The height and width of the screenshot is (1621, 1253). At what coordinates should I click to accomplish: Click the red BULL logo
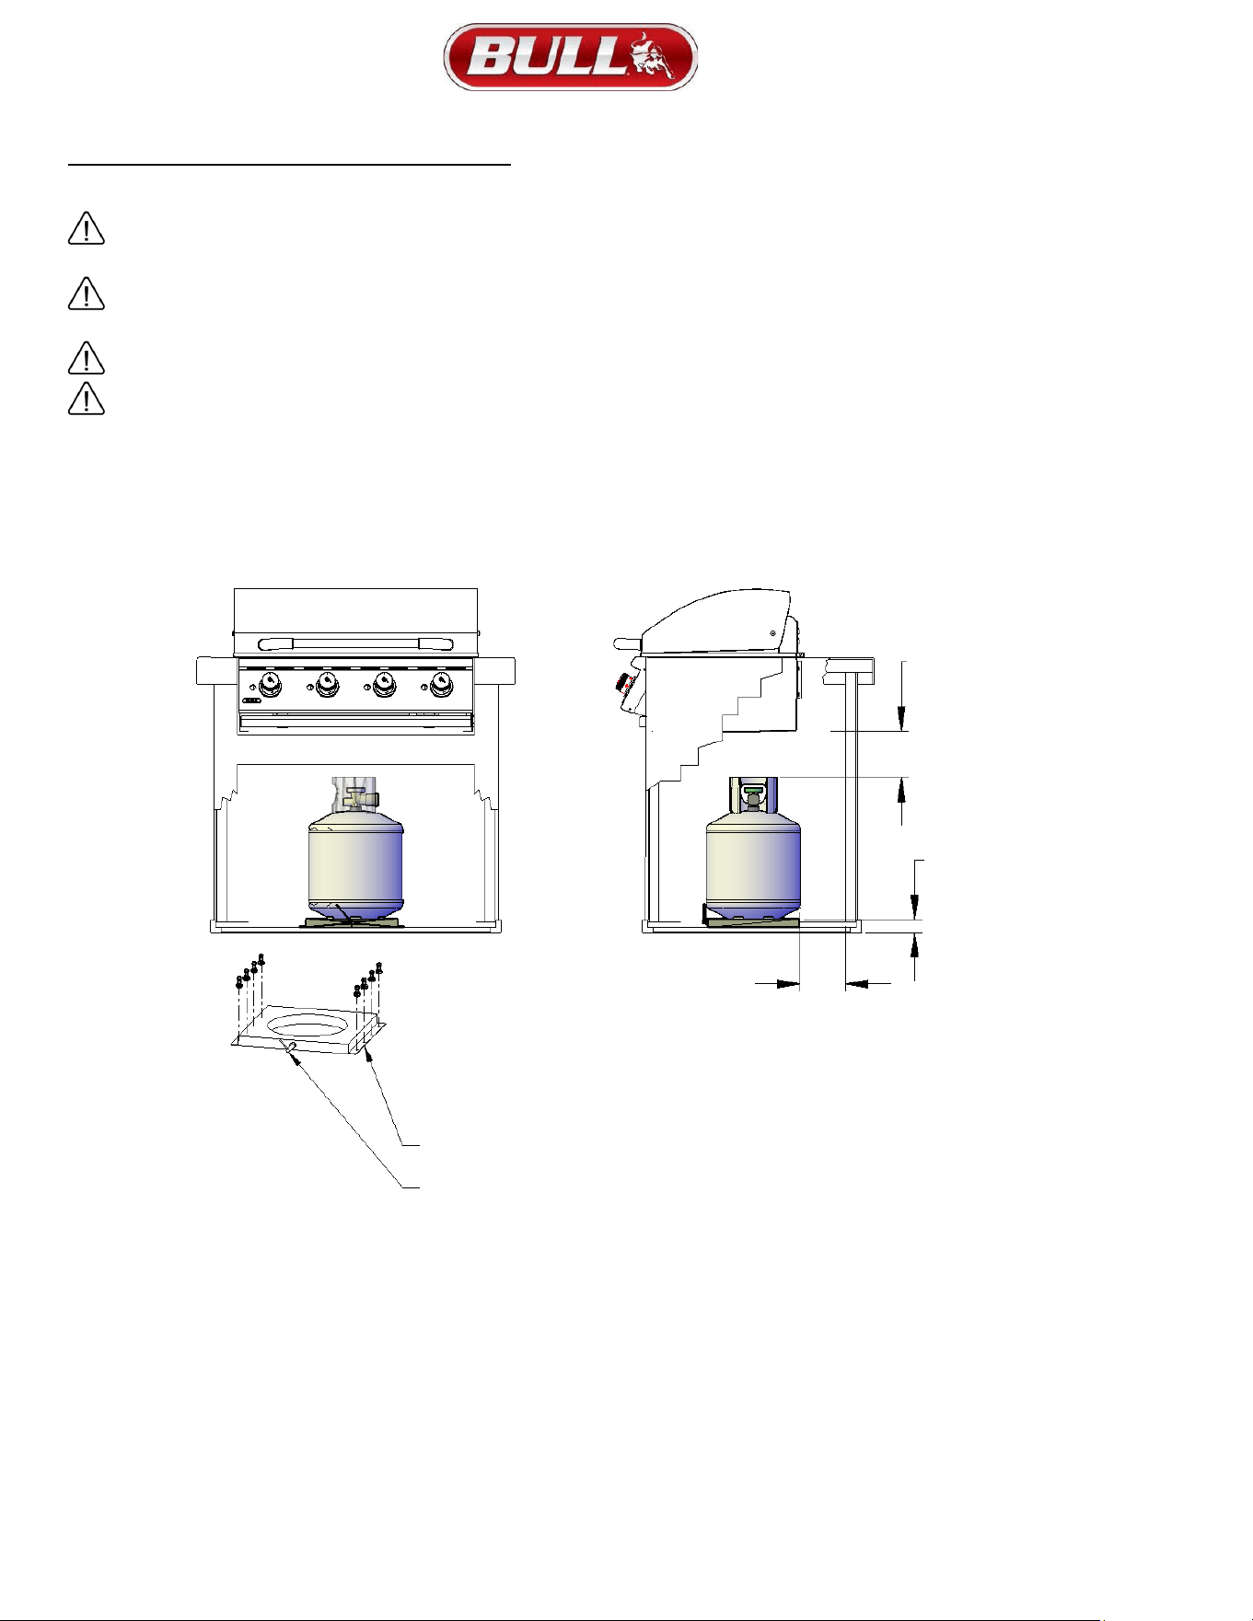click(570, 57)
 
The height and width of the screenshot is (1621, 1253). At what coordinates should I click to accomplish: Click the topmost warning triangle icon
click(86, 228)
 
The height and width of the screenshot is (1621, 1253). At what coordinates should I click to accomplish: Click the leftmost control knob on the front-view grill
click(270, 684)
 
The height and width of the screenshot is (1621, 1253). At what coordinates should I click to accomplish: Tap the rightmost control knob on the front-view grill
click(442, 684)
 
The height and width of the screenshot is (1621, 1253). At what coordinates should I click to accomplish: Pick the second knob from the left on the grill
click(327, 684)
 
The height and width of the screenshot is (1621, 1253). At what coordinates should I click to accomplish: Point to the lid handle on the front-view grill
click(355, 644)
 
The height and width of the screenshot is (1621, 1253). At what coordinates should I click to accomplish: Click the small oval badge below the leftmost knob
click(251, 702)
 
